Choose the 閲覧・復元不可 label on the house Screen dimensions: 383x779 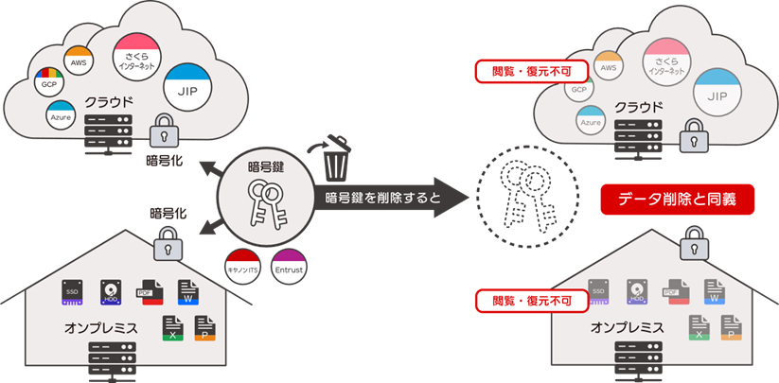coord(532,301)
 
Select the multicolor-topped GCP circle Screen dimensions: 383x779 coord(46,83)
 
